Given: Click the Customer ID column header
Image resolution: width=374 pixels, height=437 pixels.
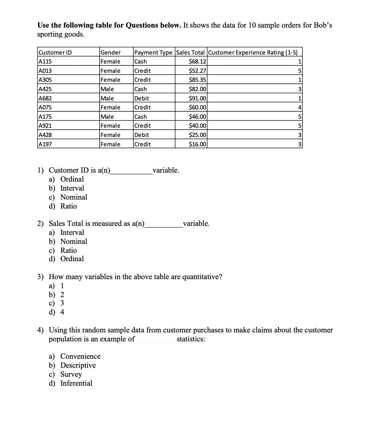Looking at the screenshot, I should (x=55, y=52).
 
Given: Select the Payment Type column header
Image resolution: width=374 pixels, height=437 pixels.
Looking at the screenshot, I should (x=153, y=52).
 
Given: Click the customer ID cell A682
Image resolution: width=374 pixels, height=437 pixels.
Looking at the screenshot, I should (x=45, y=98).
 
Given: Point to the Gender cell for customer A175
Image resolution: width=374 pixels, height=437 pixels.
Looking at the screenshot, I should (x=107, y=116).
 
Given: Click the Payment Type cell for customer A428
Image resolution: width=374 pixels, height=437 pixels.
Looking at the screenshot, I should (x=142, y=135).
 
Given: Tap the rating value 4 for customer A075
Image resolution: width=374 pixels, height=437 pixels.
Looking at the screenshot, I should (x=299, y=107).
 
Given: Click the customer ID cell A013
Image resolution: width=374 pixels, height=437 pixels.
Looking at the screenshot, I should (x=45, y=71).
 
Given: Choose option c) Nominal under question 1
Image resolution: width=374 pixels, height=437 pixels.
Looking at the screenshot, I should (x=74, y=197).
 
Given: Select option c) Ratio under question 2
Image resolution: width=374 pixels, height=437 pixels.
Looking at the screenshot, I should (x=68, y=250).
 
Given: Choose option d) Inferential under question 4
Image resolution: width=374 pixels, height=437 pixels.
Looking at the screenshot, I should (x=76, y=383).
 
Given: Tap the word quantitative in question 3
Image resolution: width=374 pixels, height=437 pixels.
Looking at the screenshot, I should (x=202, y=277).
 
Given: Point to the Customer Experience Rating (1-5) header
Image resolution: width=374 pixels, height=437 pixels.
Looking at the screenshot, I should (x=253, y=52).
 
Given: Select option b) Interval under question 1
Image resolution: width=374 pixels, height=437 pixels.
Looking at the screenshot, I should (x=72, y=188).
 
